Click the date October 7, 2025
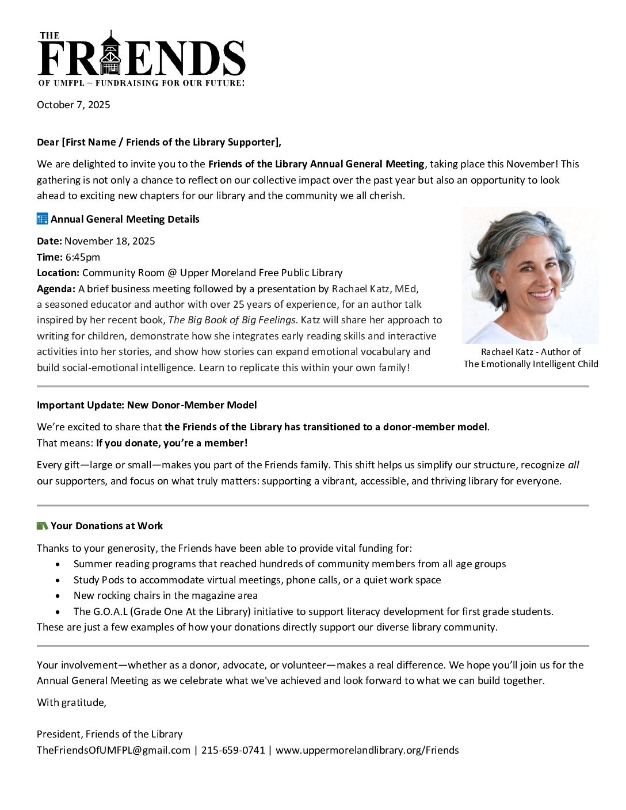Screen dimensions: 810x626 [74, 105]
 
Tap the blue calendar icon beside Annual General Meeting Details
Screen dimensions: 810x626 [42, 219]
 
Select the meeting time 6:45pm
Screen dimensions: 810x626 [82, 257]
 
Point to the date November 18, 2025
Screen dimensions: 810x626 [109, 241]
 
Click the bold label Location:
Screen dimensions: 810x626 [58, 273]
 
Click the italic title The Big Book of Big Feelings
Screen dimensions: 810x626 [231, 320]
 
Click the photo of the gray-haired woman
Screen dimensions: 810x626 [530, 276]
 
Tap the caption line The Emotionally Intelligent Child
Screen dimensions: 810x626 [530, 364]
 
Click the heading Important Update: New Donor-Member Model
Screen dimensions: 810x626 [147, 405]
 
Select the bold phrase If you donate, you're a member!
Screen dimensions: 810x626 [171, 443]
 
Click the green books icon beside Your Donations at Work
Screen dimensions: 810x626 [42, 526]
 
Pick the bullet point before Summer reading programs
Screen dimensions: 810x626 [58, 564]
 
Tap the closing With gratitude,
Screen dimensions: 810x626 [71, 702]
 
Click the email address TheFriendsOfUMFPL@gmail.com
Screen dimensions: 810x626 [113, 750]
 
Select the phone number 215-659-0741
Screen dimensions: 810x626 [233, 750]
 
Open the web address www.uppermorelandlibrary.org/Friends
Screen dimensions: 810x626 [367, 750]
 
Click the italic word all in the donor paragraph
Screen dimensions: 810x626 [574, 465]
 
